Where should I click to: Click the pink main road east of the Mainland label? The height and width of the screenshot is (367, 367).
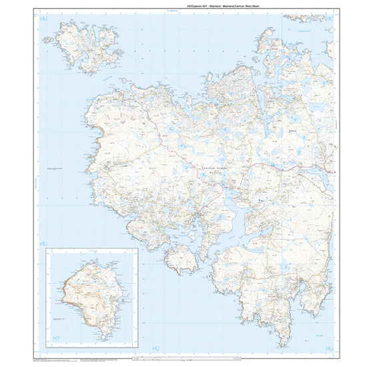click(267, 163)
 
